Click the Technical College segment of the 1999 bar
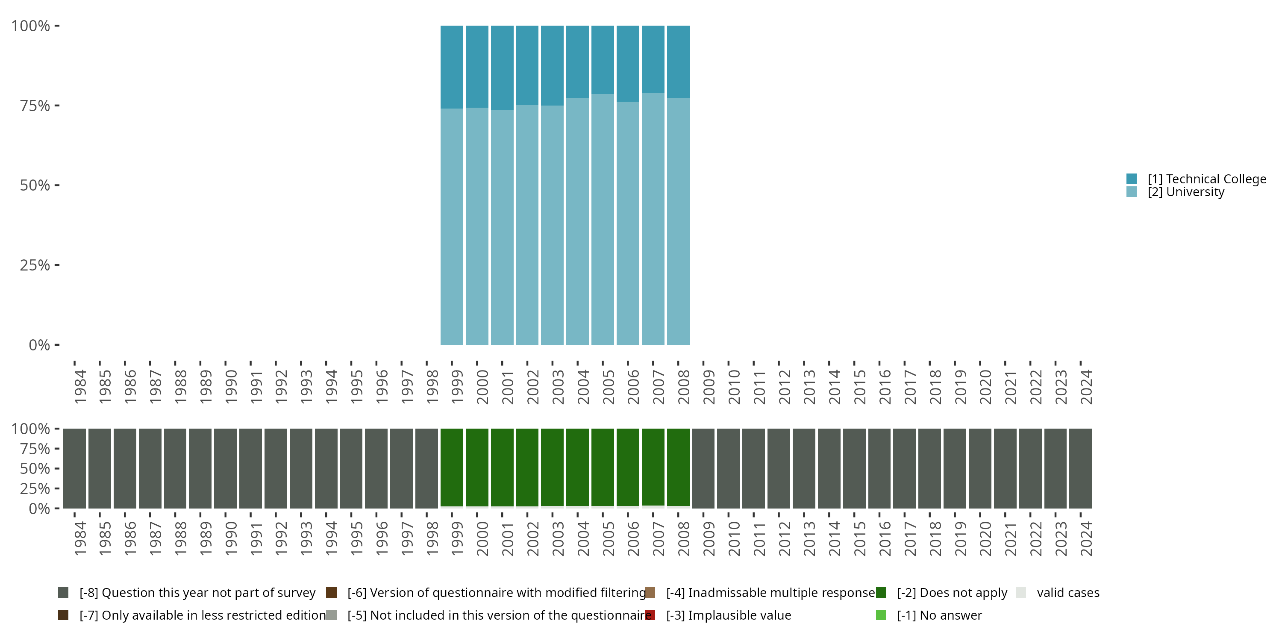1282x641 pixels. pyautogui.click(x=451, y=67)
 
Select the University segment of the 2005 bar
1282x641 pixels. pyautogui.click(x=602, y=219)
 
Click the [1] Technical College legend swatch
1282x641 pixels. pyautogui.click(x=1131, y=179)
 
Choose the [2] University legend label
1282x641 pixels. pyautogui.click(x=1185, y=192)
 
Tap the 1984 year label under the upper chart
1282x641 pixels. pyautogui.click(x=79, y=387)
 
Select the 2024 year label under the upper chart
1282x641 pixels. pyautogui.click(x=1086, y=387)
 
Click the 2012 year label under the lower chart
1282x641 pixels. pyautogui.click(x=784, y=538)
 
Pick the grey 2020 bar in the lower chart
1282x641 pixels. pyautogui.click(x=979, y=468)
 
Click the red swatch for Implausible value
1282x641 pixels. pyautogui.click(x=650, y=615)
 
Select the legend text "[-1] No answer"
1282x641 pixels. pyautogui.click(x=939, y=615)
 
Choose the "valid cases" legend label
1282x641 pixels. pyautogui.click(x=1068, y=593)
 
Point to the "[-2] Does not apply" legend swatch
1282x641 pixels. pyautogui.click(x=881, y=593)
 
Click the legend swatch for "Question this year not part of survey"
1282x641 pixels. pyautogui.click(x=63, y=593)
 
